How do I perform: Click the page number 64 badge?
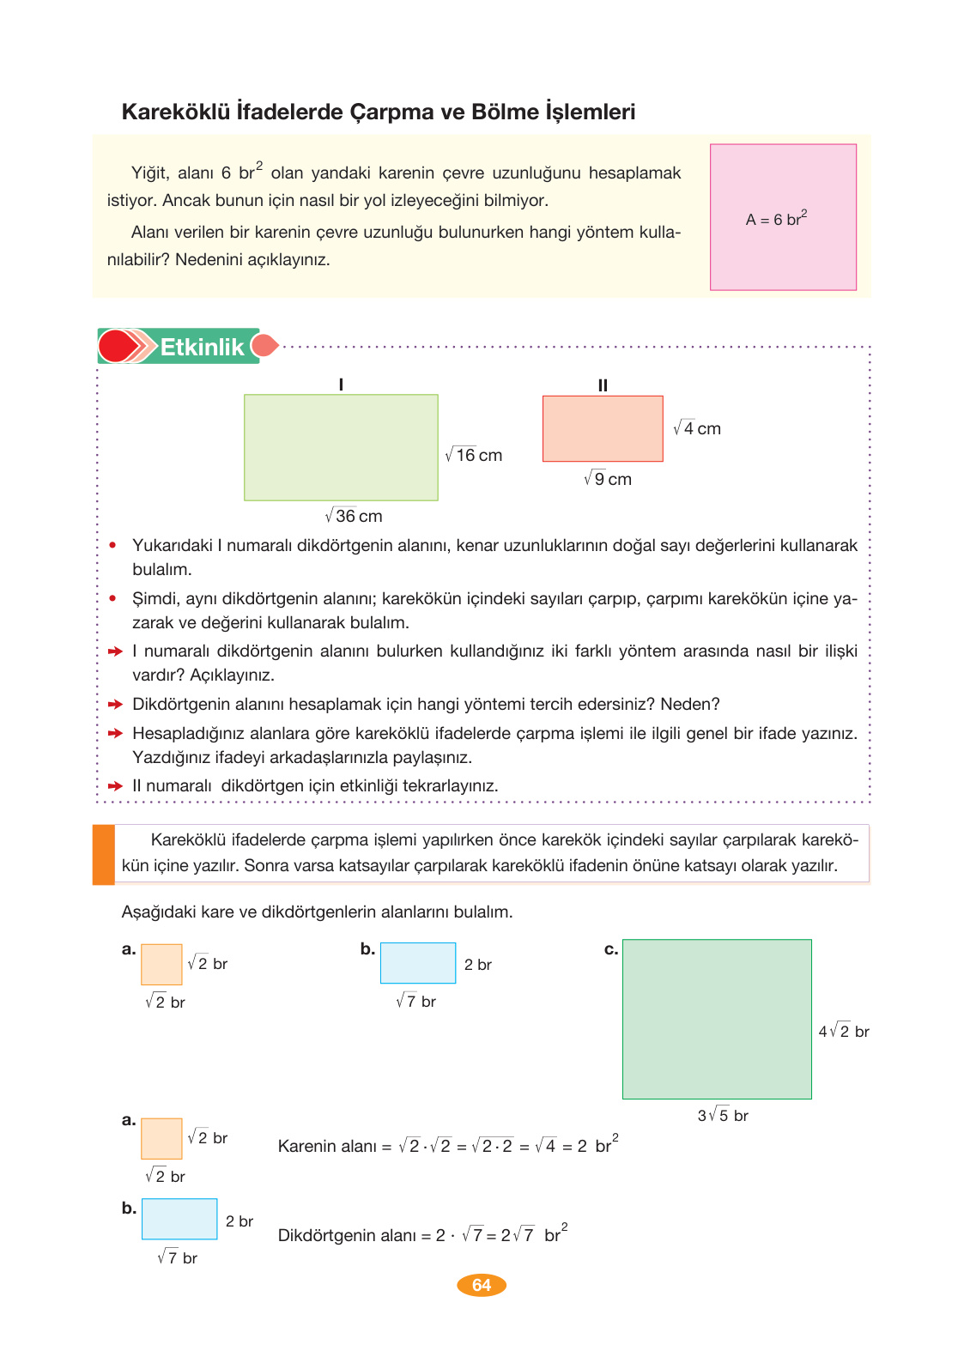(x=482, y=1285)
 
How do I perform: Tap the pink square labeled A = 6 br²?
(x=783, y=217)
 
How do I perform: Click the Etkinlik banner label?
(x=202, y=347)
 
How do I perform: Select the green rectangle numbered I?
(x=341, y=447)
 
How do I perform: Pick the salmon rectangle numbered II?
(x=603, y=428)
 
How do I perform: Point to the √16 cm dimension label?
(x=474, y=455)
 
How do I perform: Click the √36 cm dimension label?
(x=354, y=516)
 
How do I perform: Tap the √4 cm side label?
(x=697, y=428)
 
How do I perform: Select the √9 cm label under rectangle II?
(x=608, y=479)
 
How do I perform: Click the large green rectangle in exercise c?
(x=717, y=1019)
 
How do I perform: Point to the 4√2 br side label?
(x=844, y=1032)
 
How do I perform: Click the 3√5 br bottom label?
(x=723, y=1116)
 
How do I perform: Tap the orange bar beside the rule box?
(x=104, y=854)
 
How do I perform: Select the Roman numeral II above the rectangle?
(x=603, y=385)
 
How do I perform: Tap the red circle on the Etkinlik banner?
(x=116, y=346)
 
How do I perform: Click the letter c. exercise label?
(x=611, y=949)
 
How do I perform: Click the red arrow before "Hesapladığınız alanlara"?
(x=116, y=734)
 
